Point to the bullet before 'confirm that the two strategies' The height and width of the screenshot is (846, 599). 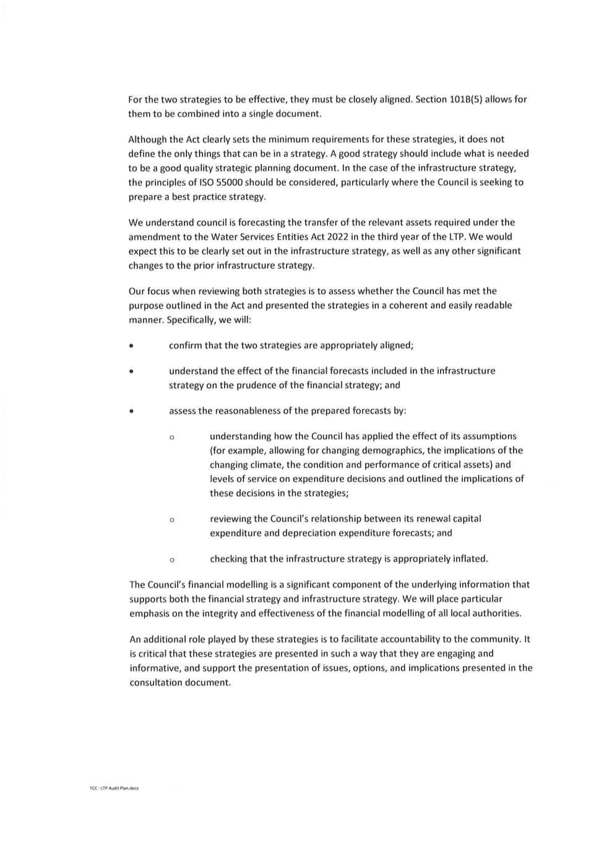click(131, 346)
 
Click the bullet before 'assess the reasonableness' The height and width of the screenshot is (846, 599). click(131, 411)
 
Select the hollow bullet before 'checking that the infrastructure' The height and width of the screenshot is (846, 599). click(172, 560)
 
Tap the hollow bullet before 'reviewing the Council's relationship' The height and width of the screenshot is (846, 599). click(172, 520)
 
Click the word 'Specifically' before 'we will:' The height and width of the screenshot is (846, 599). click(192, 320)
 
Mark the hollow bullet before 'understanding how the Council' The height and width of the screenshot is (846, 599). click(172, 438)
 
